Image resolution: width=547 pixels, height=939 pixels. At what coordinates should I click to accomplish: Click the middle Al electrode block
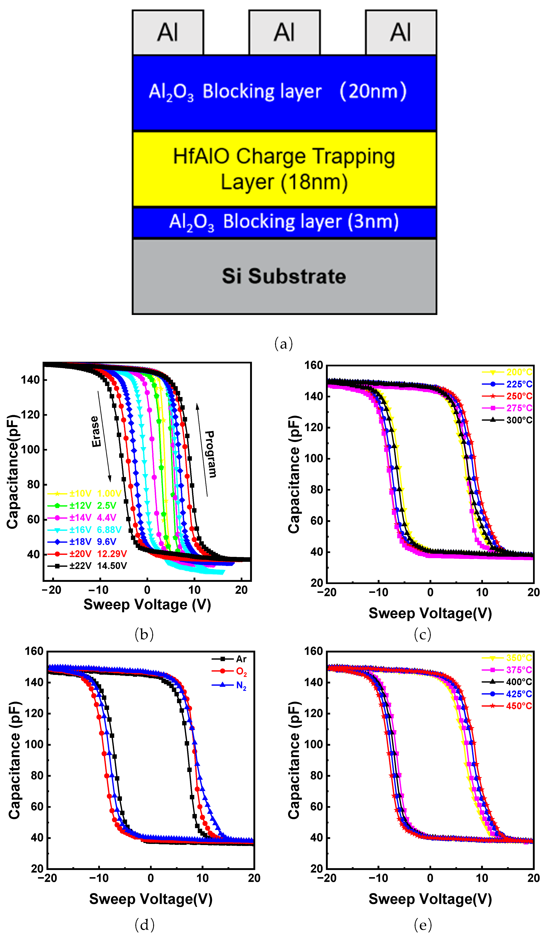(x=284, y=32)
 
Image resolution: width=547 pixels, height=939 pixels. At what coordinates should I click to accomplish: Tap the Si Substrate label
(x=284, y=276)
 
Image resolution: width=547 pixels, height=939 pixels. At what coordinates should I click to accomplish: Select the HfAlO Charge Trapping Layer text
(x=284, y=169)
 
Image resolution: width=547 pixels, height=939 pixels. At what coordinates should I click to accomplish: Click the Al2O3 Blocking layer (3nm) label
(x=284, y=222)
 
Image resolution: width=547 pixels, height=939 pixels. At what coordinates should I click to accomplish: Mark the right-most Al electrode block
(x=401, y=32)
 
